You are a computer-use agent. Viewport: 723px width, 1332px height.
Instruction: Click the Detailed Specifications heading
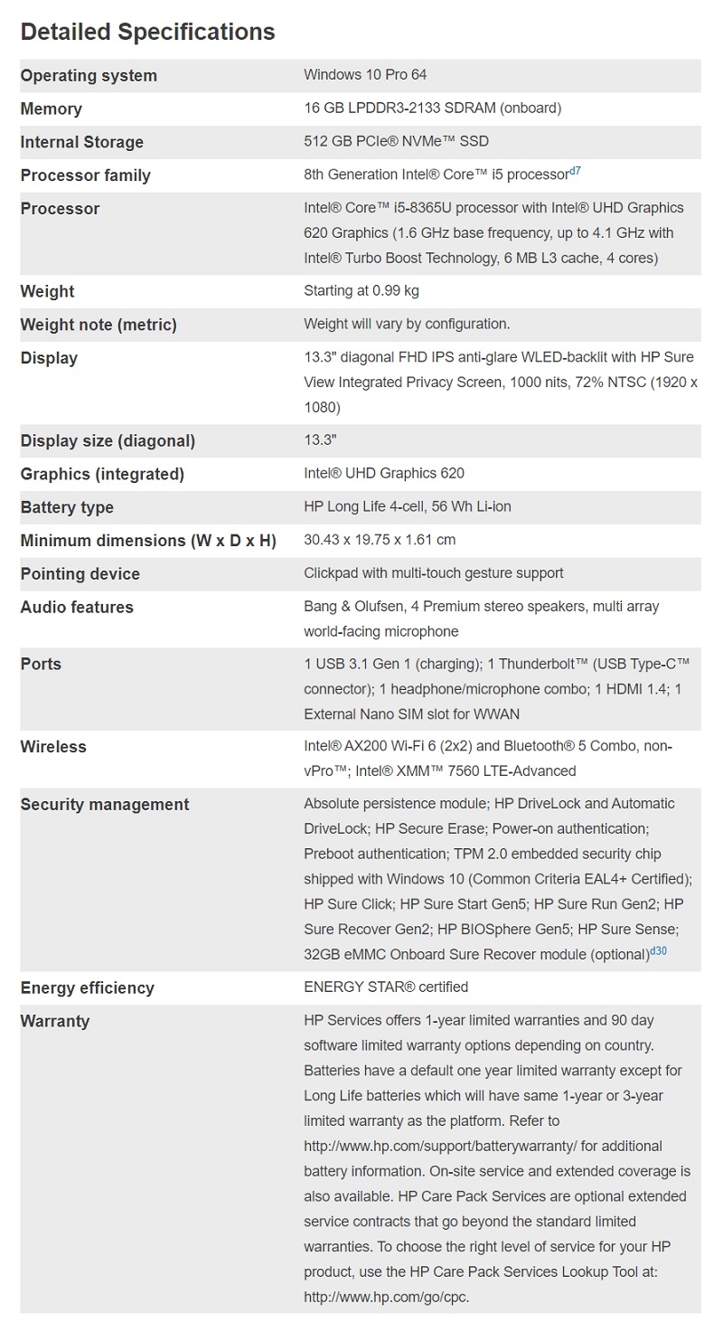click(x=147, y=32)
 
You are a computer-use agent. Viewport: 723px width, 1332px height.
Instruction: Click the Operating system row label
click(x=89, y=76)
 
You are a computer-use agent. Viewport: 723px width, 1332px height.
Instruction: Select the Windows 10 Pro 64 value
click(x=365, y=75)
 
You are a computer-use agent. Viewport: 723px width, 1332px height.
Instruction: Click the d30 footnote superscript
click(x=659, y=951)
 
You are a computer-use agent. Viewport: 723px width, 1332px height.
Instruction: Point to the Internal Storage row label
click(x=81, y=142)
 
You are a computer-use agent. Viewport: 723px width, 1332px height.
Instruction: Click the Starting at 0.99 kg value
click(x=361, y=291)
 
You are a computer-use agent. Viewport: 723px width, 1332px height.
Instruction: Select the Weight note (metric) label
click(x=99, y=325)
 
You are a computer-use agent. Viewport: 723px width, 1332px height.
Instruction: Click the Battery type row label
click(x=67, y=507)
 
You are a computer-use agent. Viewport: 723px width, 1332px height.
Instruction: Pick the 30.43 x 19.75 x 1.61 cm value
click(x=380, y=540)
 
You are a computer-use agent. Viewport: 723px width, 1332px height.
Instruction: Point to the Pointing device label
click(x=80, y=574)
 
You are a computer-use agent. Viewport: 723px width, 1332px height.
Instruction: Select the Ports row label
click(x=41, y=664)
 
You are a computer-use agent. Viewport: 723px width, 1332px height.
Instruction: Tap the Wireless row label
click(x=53, y=747)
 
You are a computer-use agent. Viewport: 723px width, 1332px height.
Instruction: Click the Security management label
click(x=105, y=805)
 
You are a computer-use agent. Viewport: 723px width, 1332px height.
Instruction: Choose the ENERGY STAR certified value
click(x=386, y=987)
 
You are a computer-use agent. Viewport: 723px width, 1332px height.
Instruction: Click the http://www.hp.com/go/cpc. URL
click(x=386, y=1298)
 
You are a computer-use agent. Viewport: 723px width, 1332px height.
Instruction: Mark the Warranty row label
click(x=55, y=1021)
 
